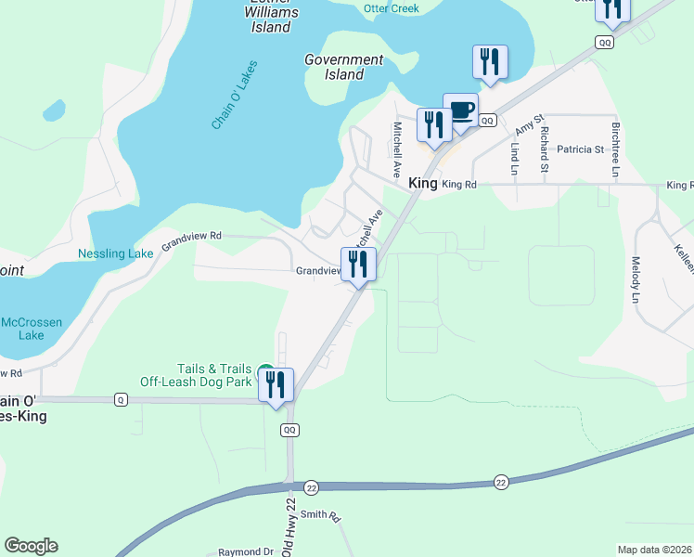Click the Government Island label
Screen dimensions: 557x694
344,67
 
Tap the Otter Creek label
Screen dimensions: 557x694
391,8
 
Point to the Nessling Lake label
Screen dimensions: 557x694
115,253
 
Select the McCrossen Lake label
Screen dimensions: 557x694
31,329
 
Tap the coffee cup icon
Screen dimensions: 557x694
460,111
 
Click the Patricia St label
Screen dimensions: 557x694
580,149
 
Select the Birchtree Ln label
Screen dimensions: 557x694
614,149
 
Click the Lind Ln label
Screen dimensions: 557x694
512,159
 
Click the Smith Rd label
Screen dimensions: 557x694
321,514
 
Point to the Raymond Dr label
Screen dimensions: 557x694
246,551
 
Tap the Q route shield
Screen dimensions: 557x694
120,399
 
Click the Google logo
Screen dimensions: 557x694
31,546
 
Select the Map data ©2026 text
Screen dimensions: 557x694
654,550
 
